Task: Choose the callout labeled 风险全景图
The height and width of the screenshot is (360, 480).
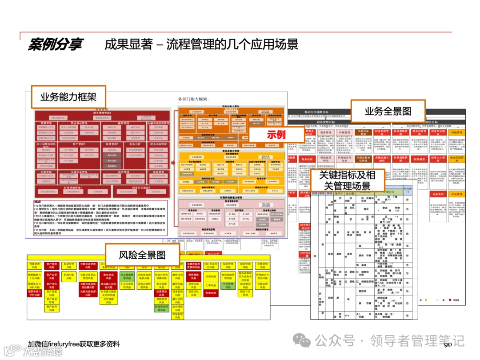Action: click(142, 255)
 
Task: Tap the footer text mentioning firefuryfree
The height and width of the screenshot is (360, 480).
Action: click(73, 344)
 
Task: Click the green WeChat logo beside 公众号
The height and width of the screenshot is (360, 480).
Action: click(304, 341)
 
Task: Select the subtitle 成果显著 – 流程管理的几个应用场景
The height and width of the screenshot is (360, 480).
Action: click(201, 44)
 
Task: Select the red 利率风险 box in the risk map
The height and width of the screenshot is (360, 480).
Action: click(210, 293)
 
